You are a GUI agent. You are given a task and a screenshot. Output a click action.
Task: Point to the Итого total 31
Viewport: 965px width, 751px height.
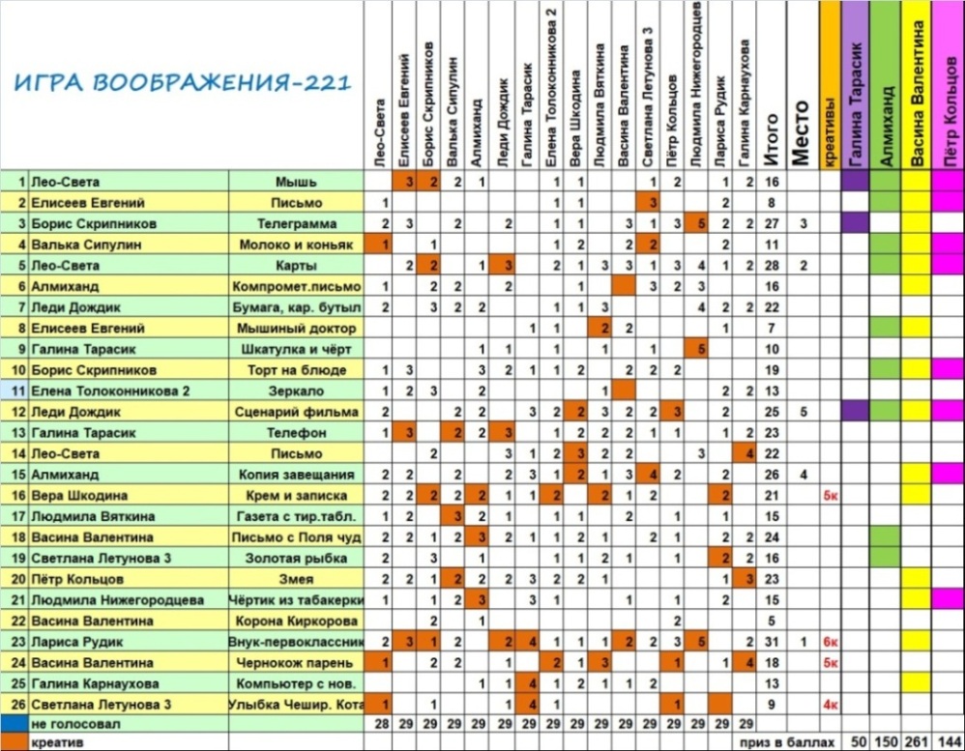pyautogui.click(x=772, y=643)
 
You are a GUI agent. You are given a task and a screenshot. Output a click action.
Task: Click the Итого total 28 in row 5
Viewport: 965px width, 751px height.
pyautogui.click(x=772, y=266)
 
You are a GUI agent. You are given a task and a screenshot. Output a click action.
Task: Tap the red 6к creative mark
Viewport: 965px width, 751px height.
pyautogui.click(x=830, y=643)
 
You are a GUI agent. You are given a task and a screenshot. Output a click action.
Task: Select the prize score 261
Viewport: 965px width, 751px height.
pyautogui.click(x=916, y=740)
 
